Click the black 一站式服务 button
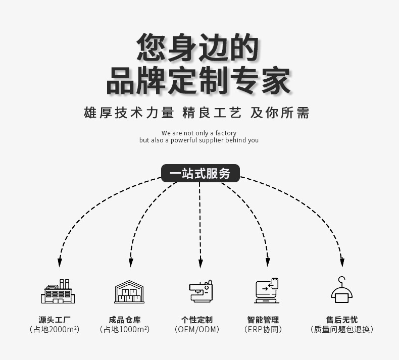tap(200, 174)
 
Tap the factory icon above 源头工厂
tap(58, 291)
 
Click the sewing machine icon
tap(201, 291)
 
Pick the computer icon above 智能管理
tap(266, 291)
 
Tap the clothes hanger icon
tap(342, 290)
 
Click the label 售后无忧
tap(342, 320)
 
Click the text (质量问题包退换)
tap(342, 330)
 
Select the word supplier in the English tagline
tap(211, 140)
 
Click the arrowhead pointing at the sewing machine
tap(201, 263)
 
